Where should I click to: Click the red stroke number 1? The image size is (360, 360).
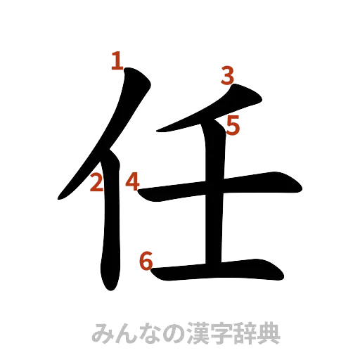(x=116, y=62)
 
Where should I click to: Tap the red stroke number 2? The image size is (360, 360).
(x=97, y=184)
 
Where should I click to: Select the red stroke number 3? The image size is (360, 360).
(x=226, y=75)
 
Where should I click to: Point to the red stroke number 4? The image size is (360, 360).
(x=132, y=182)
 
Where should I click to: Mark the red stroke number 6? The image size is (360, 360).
(x=146, y=261)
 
